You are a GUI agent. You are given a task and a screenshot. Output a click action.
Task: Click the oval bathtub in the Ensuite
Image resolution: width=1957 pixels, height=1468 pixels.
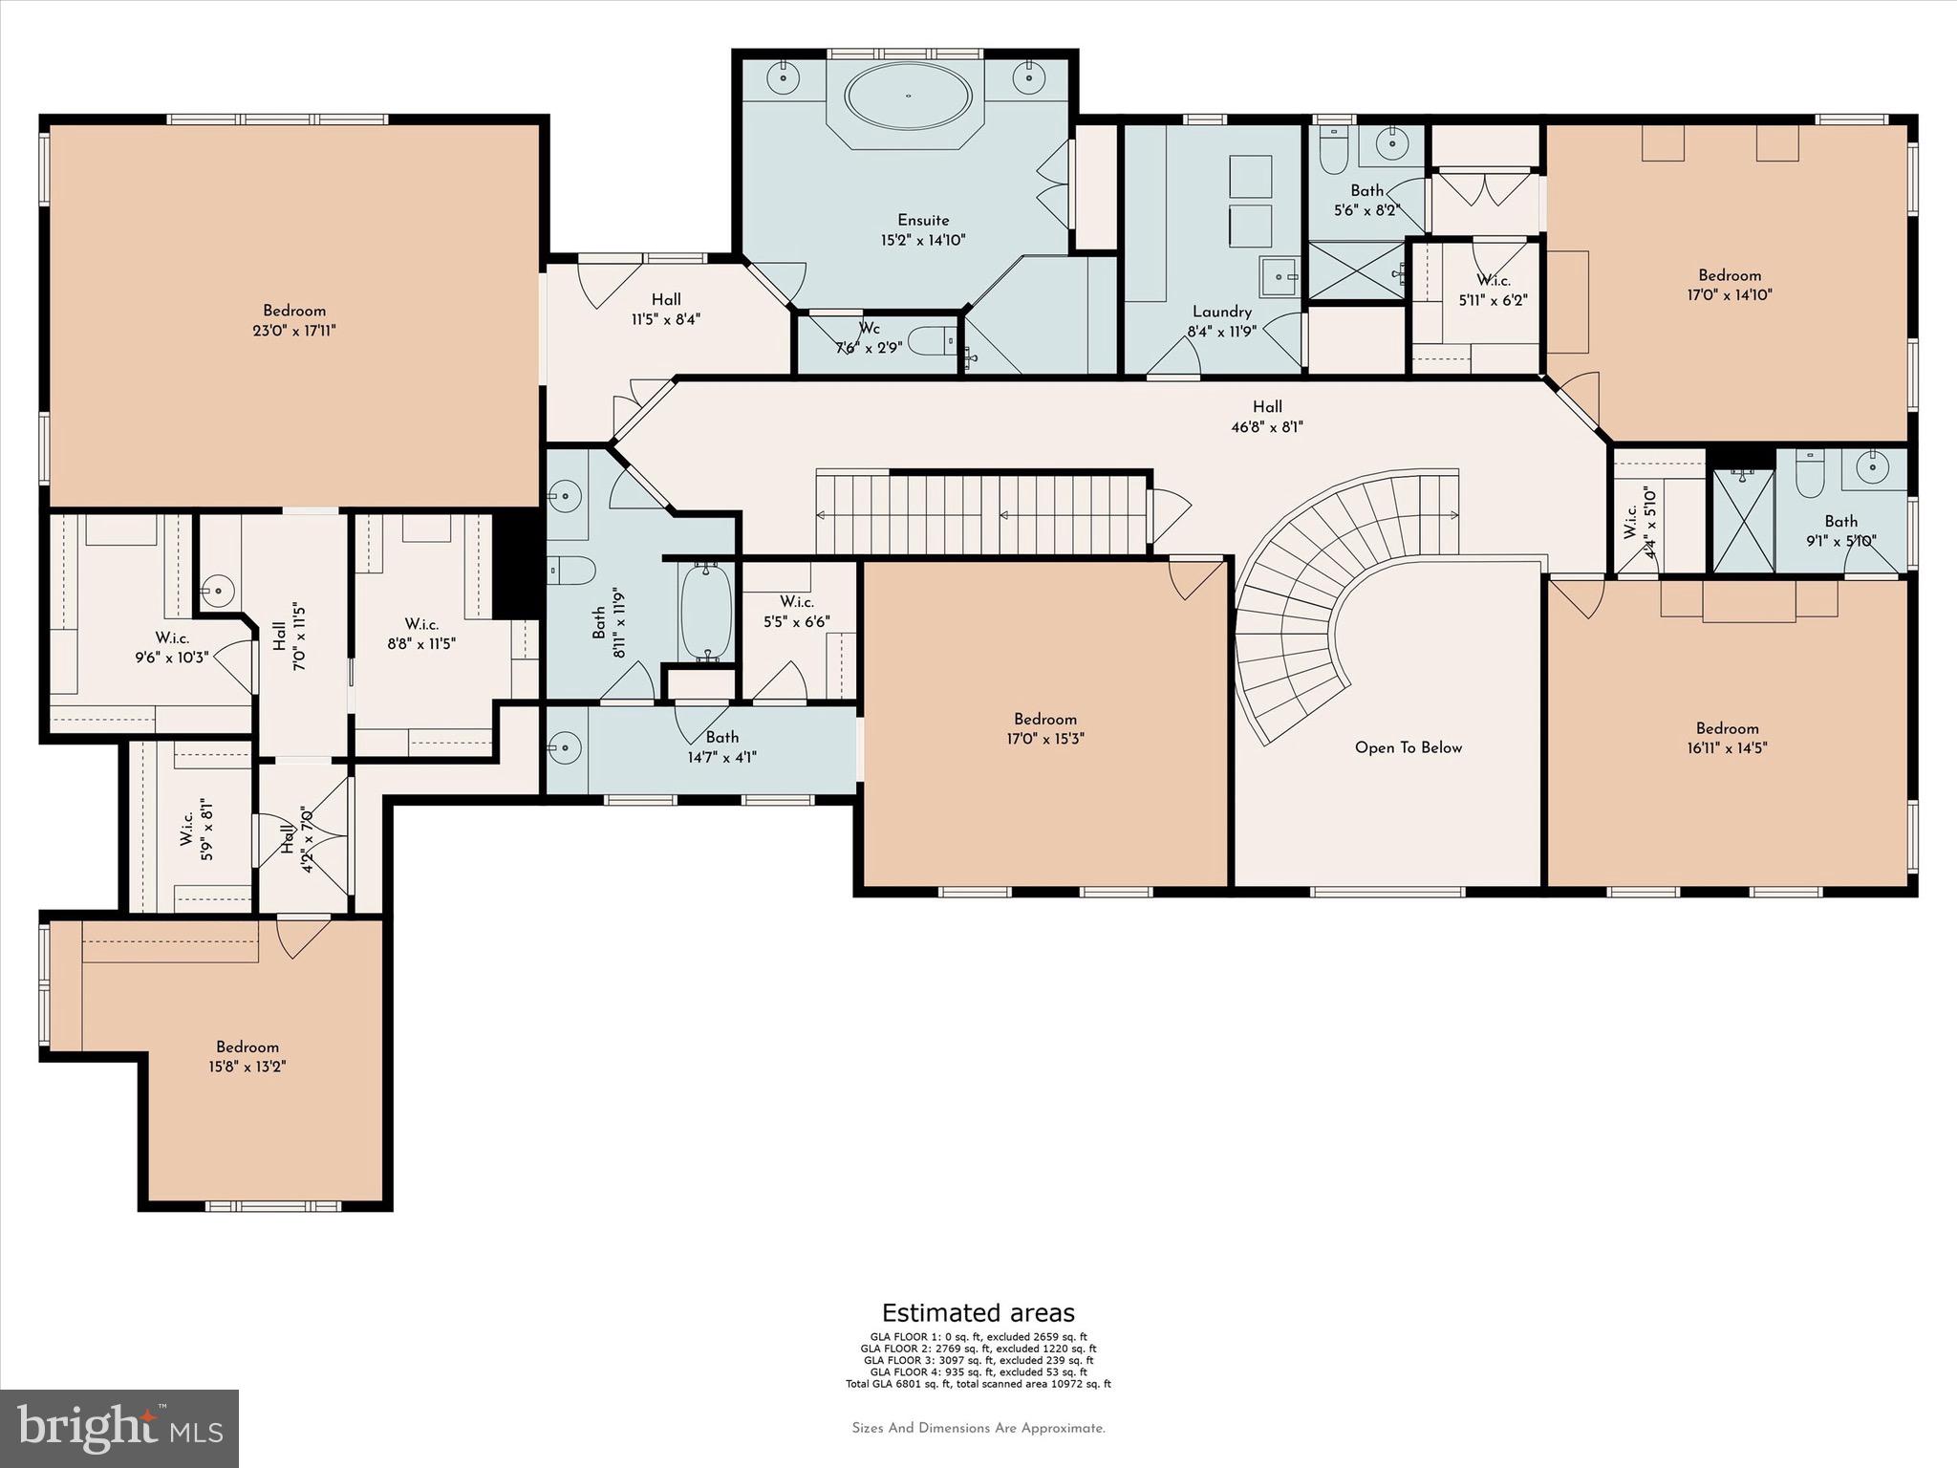click(x=908, y=97)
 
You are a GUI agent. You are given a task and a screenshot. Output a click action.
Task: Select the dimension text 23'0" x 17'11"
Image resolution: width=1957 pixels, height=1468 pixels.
click(x=294, y=331)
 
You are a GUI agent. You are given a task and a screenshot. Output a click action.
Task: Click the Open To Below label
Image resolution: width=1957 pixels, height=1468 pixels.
click(x=1408, y=747)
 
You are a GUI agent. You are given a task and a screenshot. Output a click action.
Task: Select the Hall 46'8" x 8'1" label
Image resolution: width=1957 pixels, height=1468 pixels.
click(x=1267, y=417)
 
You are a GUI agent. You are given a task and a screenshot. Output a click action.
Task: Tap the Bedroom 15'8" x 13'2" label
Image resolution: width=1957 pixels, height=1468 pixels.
click(x=247, y=1056)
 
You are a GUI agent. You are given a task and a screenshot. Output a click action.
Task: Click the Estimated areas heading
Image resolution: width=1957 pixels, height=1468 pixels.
click(x=978, y=1312)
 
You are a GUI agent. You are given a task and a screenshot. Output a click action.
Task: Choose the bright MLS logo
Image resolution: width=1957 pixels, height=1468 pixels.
click(x=118, y=1428)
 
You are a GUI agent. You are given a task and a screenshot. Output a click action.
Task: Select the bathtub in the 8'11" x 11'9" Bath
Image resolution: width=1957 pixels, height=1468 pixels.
click(x=705, y=612)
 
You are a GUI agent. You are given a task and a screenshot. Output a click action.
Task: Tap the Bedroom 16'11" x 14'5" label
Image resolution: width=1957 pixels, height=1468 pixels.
click(x=1727, y=738)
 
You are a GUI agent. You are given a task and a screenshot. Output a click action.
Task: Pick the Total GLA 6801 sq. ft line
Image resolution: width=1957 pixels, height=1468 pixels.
click(x=978, y=1384)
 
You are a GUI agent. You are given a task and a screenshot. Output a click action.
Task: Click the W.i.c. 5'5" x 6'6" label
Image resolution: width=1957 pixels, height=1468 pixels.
click(x=796, y=612)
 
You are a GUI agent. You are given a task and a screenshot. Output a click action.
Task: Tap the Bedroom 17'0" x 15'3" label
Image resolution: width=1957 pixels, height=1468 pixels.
click(x=1045, y=728)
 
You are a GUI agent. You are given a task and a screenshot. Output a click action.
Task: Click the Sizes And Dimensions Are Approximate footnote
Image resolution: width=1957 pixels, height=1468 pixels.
click(x=978, y=1428)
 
